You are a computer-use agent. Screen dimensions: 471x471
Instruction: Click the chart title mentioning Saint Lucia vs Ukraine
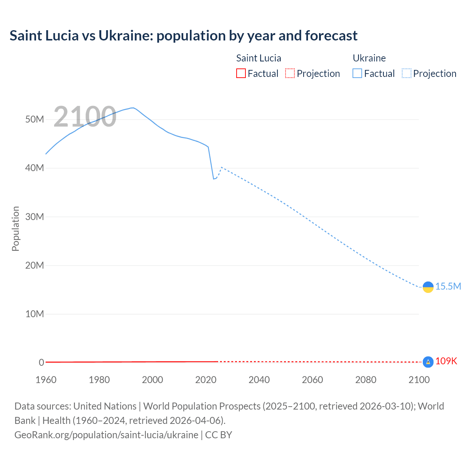[x=183, y=36]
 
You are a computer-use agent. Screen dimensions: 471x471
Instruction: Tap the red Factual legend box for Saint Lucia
[x=241, y=74]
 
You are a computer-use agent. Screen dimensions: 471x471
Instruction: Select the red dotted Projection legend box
[x=290, y=74]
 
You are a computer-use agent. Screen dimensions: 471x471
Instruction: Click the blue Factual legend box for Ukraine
[x=357, y=74]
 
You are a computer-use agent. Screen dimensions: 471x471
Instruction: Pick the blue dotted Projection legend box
[x=407, y=74]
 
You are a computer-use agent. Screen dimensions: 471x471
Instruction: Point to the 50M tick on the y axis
[x=35, y=119]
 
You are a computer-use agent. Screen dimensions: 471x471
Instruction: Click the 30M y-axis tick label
[x=35, y=217]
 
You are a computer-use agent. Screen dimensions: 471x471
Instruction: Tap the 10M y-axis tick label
[x=35, y=314]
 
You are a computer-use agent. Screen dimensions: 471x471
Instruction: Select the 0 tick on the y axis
[x=41, y=362]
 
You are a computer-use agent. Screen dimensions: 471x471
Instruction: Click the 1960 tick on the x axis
[x=46, y=380]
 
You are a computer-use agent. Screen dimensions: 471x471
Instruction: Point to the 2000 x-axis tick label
[x=152, y=380]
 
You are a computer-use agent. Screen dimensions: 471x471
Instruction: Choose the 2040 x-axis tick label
[x=259, y=380]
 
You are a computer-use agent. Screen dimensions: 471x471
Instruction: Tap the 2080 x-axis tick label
[x=366, y=380]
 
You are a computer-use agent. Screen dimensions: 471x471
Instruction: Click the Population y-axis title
[x=15, y=229]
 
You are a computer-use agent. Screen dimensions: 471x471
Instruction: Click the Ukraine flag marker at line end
[x=428, y=287]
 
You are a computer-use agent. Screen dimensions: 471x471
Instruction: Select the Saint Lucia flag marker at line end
[x=428, y=362]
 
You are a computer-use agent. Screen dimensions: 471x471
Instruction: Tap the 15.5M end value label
[x=448, y=286]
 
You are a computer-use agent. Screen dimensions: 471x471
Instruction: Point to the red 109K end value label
[x=446, y=361]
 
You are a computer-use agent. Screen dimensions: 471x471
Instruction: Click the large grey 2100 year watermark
[x=85, y=117]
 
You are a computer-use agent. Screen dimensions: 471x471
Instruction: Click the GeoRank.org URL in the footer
[x=106, y=435]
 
